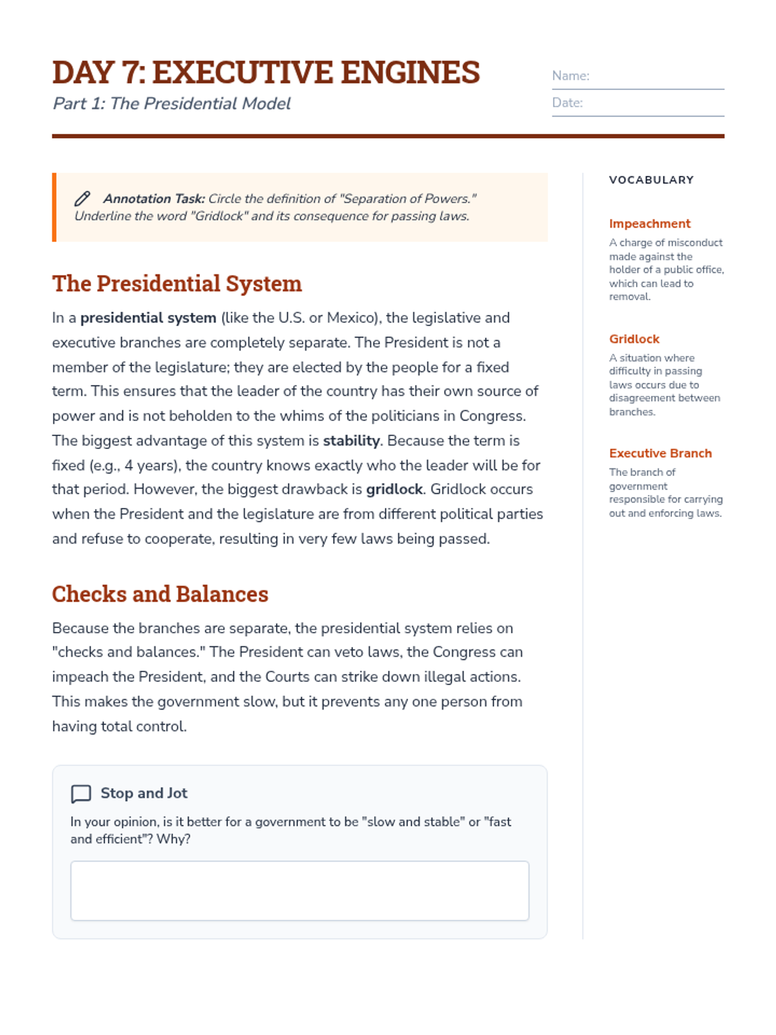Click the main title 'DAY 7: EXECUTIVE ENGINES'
pos(266,72)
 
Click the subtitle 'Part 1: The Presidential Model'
pos(171,103)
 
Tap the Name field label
pos(570,76)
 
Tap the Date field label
pos(567,103)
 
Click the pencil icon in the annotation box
pos(82,199)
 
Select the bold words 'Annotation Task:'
pos(154,199)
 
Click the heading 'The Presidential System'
pos(177,283)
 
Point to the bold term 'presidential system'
pos(148,318)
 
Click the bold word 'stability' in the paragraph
pos(351,441)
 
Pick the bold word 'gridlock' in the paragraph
pos(394,489)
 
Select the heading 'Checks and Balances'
pos(160,594)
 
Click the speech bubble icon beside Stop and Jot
pos(81,794)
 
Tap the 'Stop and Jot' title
pos(144,793)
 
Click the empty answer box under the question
pos(299,890)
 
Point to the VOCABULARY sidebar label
pos(651,180)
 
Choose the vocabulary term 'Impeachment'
pos(649,224)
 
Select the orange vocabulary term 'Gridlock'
pos(634,339)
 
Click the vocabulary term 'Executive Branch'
pos(660,453)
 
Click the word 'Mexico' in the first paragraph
pos(350,318)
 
